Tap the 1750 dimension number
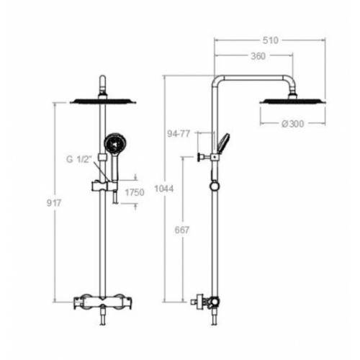[x=135, y=192]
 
